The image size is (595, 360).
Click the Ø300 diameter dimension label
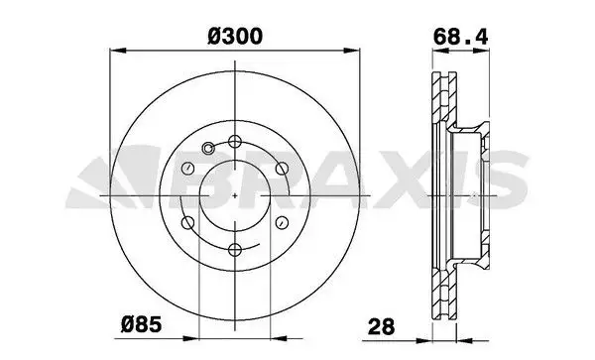click(x=235, y=37)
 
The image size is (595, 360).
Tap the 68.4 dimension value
click(x=460, y=37)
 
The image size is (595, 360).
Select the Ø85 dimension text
click(x=141, y=324)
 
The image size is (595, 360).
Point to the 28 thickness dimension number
click(x=382, y=326)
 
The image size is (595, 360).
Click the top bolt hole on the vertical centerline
click(x=235, y=142)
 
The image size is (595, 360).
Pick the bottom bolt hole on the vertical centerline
click(x=235, y=249)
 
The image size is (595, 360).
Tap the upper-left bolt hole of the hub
click(x=188, y=169)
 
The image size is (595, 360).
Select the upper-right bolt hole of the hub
click(x=282, y=169)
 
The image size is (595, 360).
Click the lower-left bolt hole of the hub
click(x=188, y=223)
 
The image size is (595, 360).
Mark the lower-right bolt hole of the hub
click(x=282, y=223)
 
